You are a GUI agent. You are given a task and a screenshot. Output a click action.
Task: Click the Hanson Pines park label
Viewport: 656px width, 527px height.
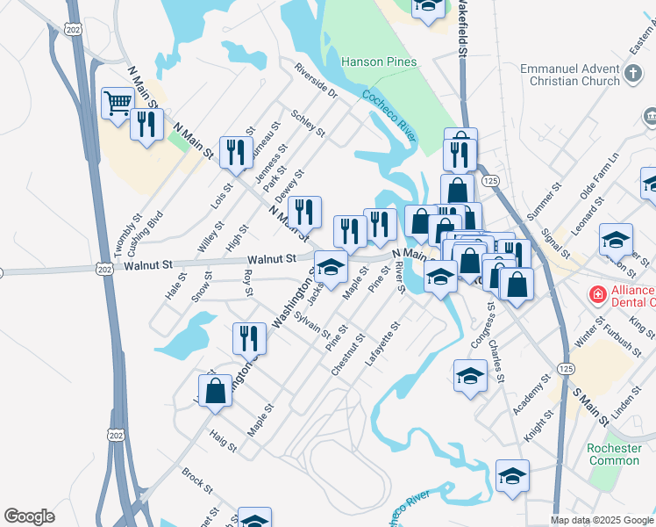pos(378,62)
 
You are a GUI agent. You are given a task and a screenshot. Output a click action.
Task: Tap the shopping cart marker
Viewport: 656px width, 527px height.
pos(117,104)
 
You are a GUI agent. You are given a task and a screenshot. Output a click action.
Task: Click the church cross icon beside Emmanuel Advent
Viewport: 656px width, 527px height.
pos(634,75)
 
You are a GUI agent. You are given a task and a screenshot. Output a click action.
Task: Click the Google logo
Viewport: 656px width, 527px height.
pos(30,516)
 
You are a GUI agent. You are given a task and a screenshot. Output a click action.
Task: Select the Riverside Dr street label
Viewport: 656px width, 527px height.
pos(316,79)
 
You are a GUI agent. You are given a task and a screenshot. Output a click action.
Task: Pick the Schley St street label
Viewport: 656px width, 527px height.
pos(308,125)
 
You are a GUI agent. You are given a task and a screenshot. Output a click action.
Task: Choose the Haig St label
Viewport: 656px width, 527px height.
pos(224,441)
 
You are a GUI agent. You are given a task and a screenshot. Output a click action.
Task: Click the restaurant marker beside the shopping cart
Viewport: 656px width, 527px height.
pos(146,124)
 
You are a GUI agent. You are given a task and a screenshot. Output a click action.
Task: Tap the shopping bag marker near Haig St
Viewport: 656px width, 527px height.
pos(215,392)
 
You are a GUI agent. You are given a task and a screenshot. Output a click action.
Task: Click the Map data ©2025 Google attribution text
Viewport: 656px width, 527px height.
pos(601,520)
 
